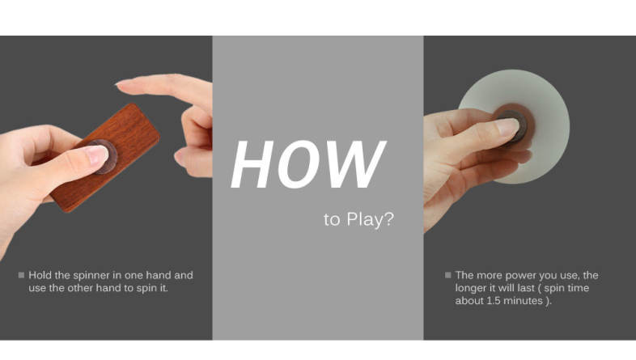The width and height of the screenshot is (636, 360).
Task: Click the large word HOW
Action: tap(308, 164)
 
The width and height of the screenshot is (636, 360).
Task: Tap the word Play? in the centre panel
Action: tap(371, 220)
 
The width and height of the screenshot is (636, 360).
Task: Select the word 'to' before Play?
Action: tap(332, 220)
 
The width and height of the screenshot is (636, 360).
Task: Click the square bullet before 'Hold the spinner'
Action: tap(22, 275)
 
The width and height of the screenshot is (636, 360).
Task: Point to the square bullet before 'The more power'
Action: tap(447, 275)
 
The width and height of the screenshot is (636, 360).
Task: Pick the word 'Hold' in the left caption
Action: tap(40, 275)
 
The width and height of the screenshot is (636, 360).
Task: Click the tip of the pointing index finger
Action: tap(118, 83)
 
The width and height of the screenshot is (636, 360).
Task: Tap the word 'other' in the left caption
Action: tap(80, 288)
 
